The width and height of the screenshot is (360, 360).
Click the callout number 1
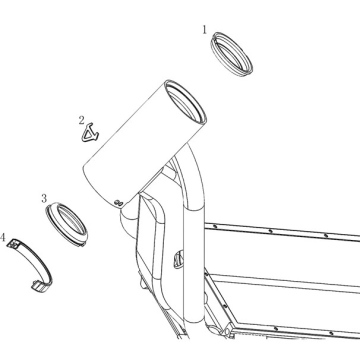205,30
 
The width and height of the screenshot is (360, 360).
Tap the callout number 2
82,120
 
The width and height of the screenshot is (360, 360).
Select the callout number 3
44,199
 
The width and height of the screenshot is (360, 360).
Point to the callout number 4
3,238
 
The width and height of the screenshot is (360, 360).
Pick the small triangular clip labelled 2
90,133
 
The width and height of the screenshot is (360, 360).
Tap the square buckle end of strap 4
14,244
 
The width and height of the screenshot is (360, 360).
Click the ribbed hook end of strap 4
38,287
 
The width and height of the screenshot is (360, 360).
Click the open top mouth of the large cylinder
186,102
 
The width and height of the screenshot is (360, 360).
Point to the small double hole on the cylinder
119,202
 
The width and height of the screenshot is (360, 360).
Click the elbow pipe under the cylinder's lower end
128,220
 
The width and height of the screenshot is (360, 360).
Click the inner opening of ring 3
71,220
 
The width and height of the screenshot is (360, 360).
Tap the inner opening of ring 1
231,56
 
